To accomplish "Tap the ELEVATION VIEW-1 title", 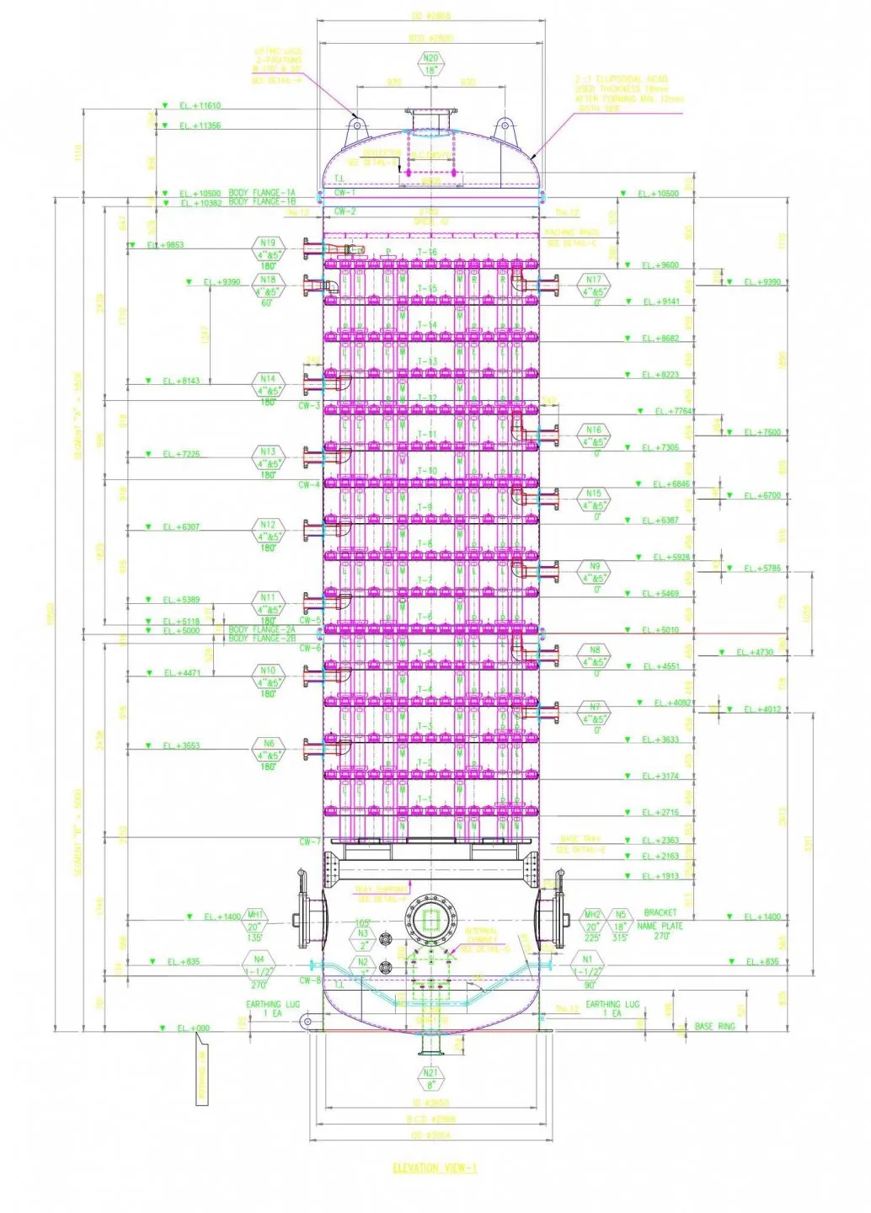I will (435, 1168).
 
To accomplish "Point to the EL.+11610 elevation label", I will (200, 106).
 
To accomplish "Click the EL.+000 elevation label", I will (193, 1029).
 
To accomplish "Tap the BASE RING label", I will (714, 1027).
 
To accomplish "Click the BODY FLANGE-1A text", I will (262, 193).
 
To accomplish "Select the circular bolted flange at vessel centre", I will (430, 920).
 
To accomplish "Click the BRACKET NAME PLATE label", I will (660, 919).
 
